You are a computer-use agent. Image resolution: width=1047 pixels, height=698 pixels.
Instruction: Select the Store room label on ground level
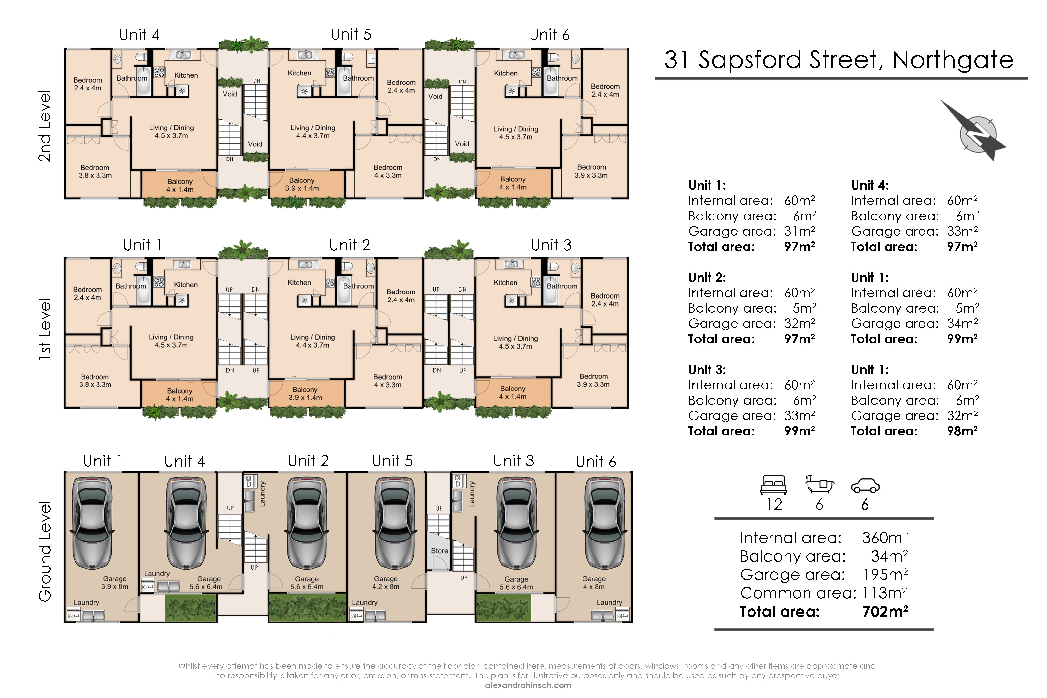point(439,551)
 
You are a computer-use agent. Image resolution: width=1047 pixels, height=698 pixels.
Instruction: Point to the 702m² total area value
point(885,612)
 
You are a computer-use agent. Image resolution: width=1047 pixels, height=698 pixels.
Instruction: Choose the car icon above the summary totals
point(865,486)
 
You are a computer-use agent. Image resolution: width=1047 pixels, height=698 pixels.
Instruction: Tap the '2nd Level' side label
point(45,126)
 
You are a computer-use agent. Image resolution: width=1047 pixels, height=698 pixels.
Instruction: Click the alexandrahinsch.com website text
point(528,685)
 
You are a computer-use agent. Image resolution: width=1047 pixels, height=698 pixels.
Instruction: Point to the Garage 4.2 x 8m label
point(386,583)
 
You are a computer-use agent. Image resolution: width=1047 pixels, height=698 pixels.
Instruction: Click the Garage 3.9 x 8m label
point(115,583)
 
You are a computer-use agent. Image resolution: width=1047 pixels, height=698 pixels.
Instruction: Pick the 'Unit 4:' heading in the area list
point(869,185)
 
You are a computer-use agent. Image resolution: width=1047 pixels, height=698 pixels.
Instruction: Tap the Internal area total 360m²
point(885,538)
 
